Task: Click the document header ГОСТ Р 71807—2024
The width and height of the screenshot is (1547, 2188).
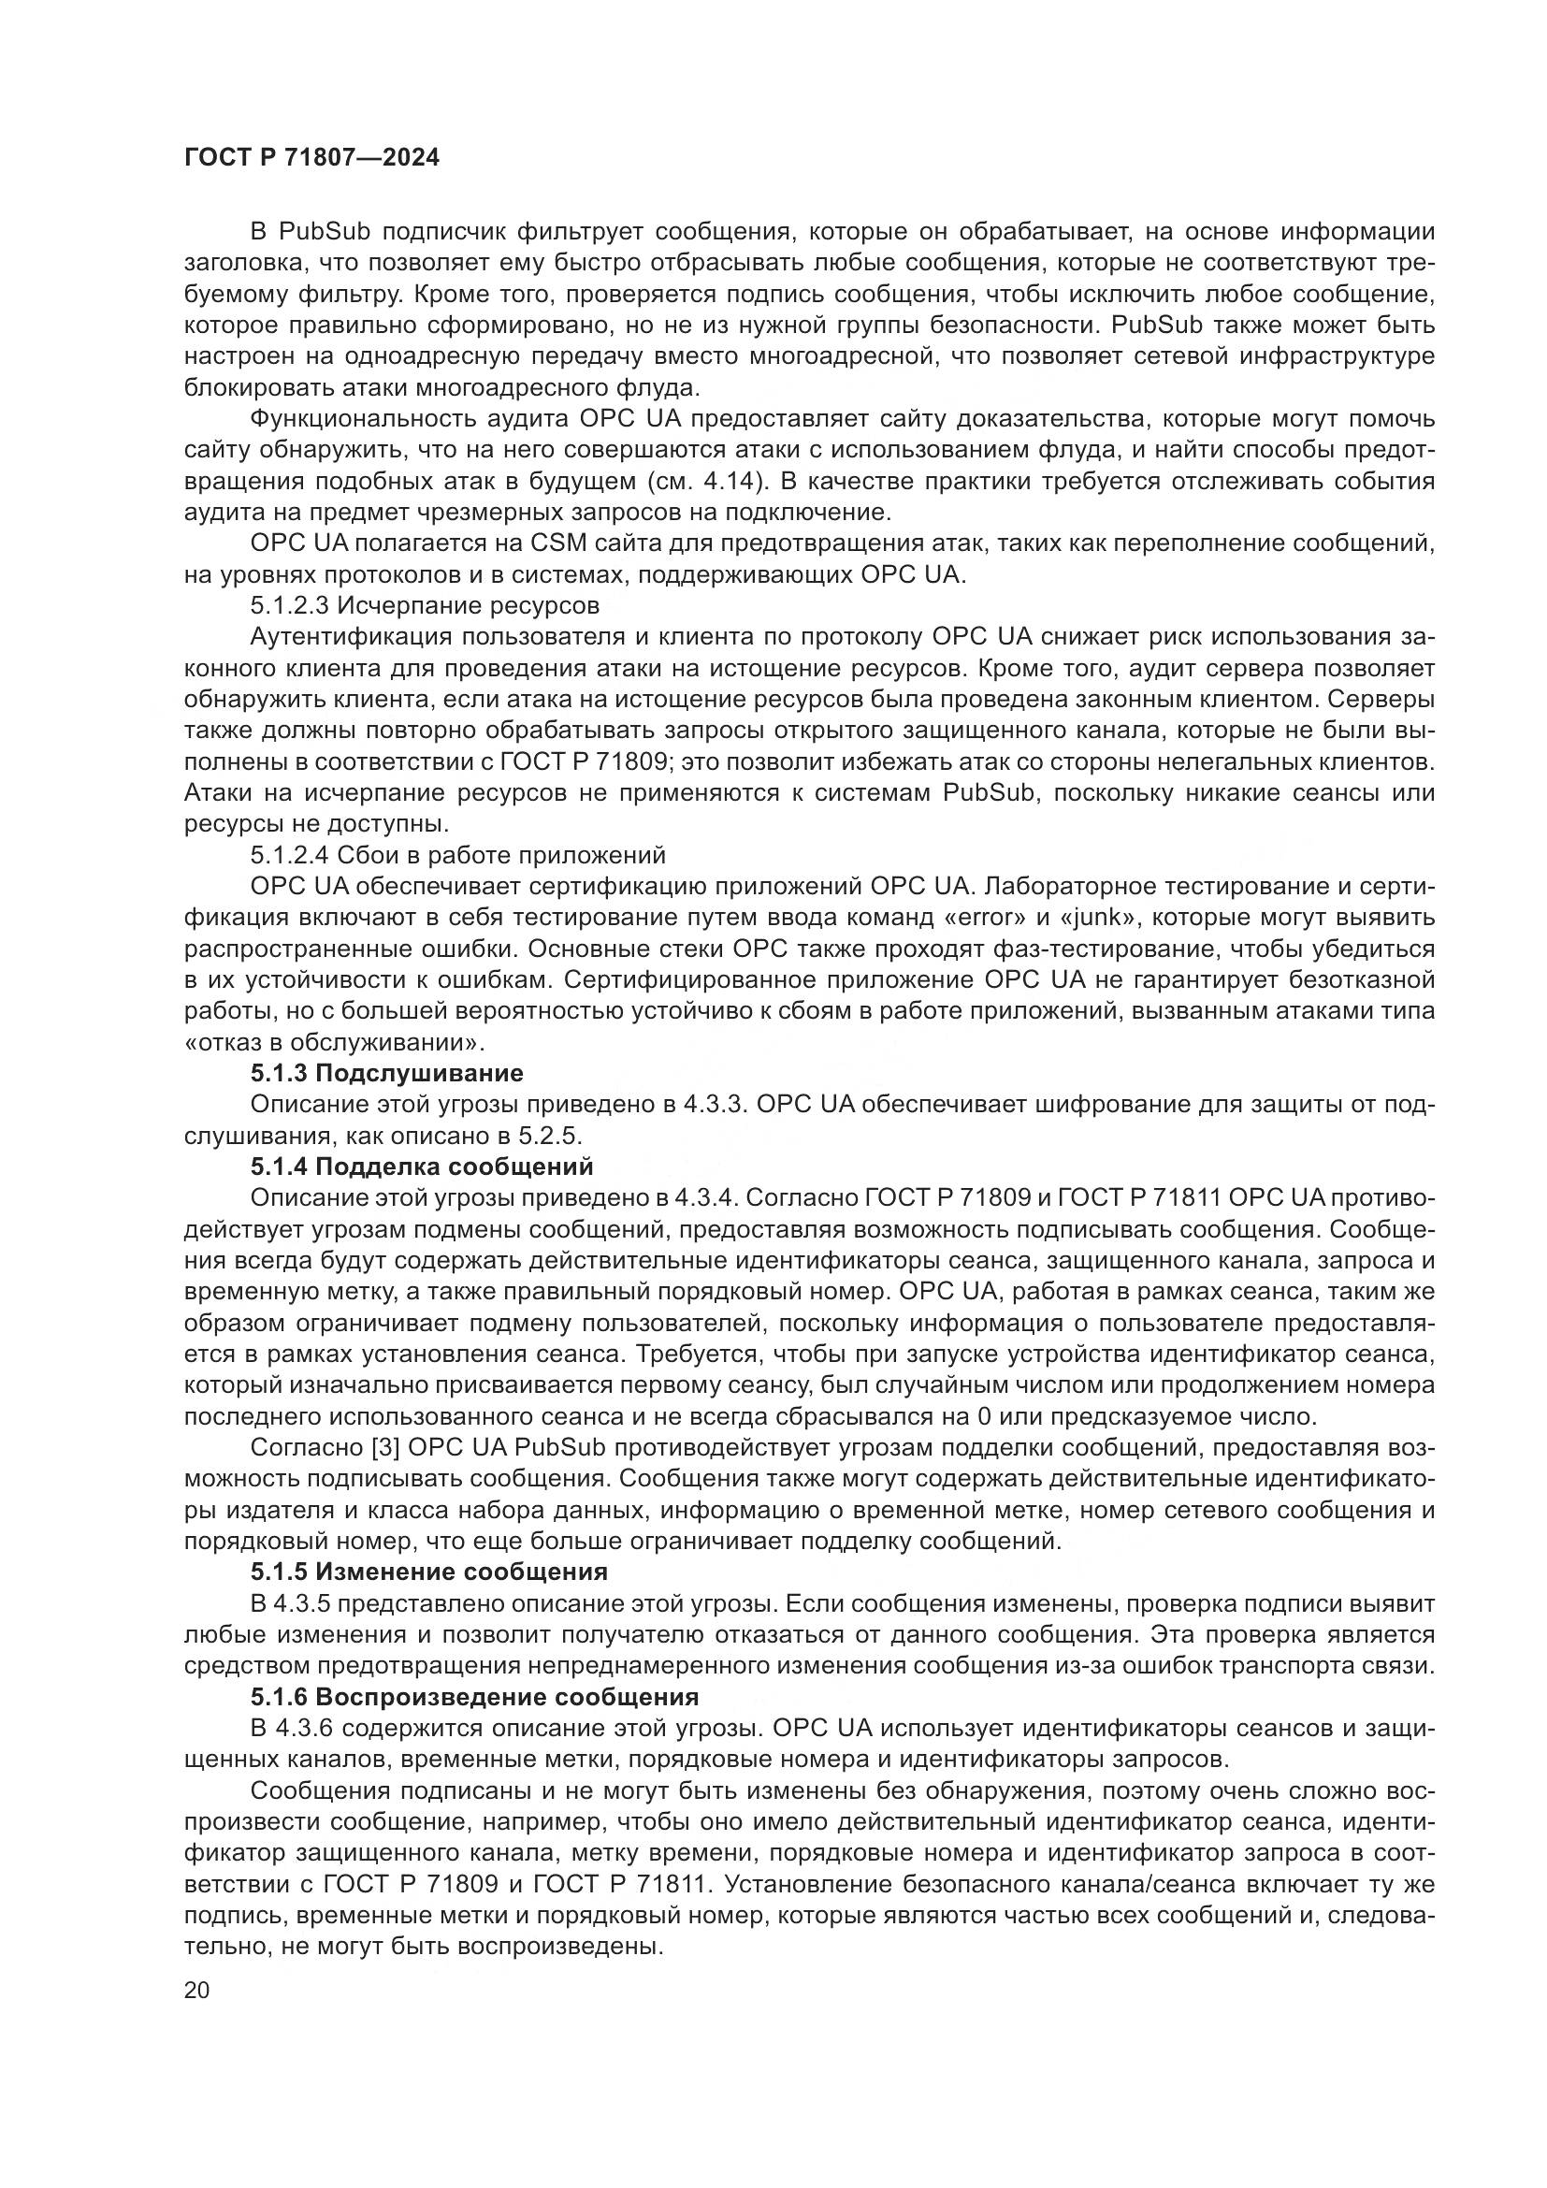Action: [x=311, y=158]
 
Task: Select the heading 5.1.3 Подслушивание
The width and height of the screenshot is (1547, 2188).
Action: [x=387, y=1073]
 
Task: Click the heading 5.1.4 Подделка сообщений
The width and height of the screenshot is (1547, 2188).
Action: [x=421, y=1166]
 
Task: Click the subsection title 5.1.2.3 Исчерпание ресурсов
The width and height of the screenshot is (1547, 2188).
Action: [x=425, y=605]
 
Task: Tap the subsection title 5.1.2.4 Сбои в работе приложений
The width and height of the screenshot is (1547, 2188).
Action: [x=457, y=855]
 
